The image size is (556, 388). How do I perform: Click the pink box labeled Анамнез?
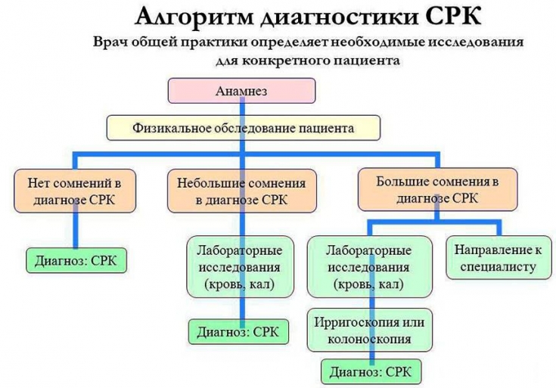coord(241,90)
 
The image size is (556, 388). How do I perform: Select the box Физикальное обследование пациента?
coord(243,129)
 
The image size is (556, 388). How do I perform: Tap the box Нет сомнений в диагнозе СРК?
coord(74,191)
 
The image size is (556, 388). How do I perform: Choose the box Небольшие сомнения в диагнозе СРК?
coord(241,191)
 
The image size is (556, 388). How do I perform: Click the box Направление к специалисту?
coord(496,258)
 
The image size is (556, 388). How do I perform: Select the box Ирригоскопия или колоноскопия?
coord(371,330)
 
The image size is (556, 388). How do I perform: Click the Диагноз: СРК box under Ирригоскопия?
coord(371,372)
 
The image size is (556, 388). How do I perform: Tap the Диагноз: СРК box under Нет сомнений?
coord(76,260)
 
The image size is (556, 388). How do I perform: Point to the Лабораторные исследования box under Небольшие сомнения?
coord(239,266)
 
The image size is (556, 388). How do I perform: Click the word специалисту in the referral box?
coord(496,267)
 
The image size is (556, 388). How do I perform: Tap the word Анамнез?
coord(241,90)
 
